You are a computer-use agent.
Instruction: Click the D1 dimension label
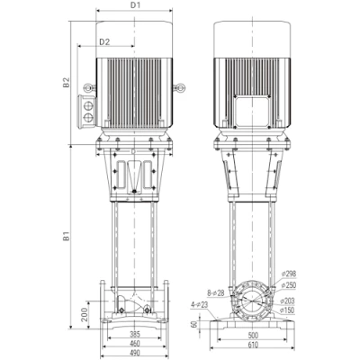135,4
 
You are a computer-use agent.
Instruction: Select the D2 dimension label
104,42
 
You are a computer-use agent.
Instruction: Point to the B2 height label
66,83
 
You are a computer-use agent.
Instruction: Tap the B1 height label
66,236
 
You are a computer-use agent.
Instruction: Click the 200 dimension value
85,314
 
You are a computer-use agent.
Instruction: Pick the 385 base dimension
135,334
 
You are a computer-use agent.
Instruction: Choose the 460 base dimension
135,344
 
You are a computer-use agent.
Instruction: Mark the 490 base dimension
135,353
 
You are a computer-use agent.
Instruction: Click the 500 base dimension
253,336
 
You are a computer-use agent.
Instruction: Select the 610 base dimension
253,345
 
